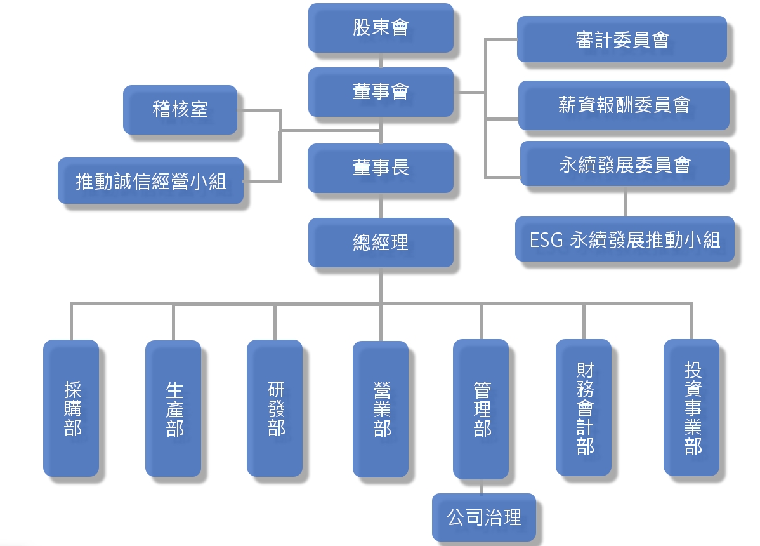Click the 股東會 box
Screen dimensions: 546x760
pos(381,28)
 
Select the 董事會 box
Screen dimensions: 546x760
pos(381,92)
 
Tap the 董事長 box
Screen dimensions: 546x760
pos(381,168)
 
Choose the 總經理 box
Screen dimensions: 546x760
pos(381,243)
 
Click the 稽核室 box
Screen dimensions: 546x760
pos(180,110)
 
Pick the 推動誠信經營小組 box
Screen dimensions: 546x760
pos(150,181)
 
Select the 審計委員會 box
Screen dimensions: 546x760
pos(622,39)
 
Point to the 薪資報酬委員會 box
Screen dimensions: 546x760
pos(624,105)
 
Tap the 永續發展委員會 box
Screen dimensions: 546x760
pos(624,164)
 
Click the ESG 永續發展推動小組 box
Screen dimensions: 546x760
pos(625,239)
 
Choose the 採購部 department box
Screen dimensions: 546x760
pos(71,408)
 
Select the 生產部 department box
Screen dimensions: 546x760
pos(173,408)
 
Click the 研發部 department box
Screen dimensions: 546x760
pos(275,408)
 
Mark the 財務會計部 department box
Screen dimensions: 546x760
pos(584,408)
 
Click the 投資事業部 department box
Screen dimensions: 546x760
pos(691,408)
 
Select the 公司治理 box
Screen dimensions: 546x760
pos(484,517)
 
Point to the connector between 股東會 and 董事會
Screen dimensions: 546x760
pos(381,60)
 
